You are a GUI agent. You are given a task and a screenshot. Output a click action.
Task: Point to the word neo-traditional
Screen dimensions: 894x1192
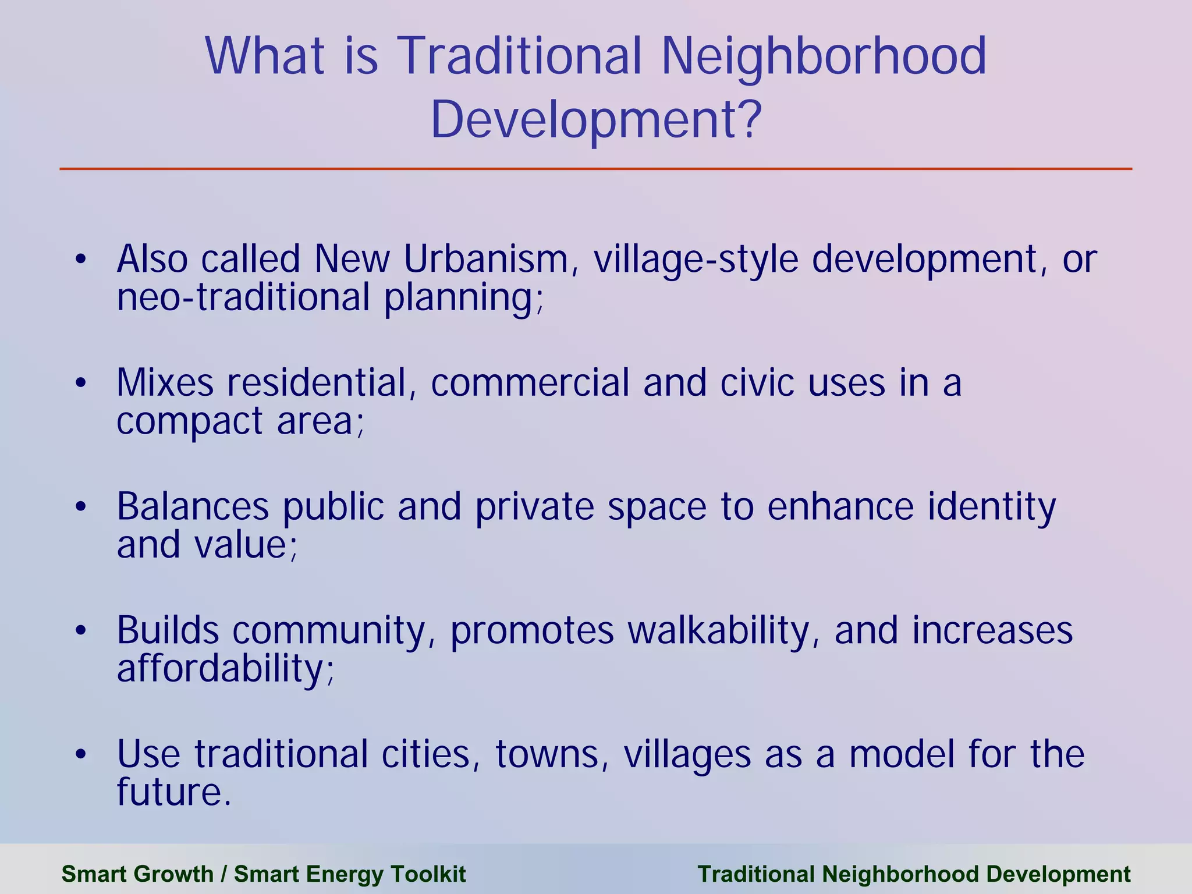pyautogui.click(x=243, y=297)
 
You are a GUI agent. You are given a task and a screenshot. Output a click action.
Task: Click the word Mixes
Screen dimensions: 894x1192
pyautogui.click(x=165, y=383)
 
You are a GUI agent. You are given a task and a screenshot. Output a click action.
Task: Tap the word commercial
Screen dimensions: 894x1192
pyautogui.click(x=530, y=383)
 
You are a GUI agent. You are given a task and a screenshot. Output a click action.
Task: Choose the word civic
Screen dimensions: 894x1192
pyautogui.click(x=757, y=383)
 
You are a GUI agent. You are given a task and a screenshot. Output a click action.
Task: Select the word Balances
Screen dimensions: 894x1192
pyautogui.click(x=193, y=506)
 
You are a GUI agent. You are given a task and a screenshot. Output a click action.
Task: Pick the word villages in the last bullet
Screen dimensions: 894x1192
pyautogui.click(x=687, y=755)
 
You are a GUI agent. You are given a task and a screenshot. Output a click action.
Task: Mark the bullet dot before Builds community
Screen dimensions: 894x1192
pyautogui.click(x=81, y=631)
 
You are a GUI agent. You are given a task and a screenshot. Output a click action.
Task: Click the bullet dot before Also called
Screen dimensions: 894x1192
pyautogui.click(x=81, y=259)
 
